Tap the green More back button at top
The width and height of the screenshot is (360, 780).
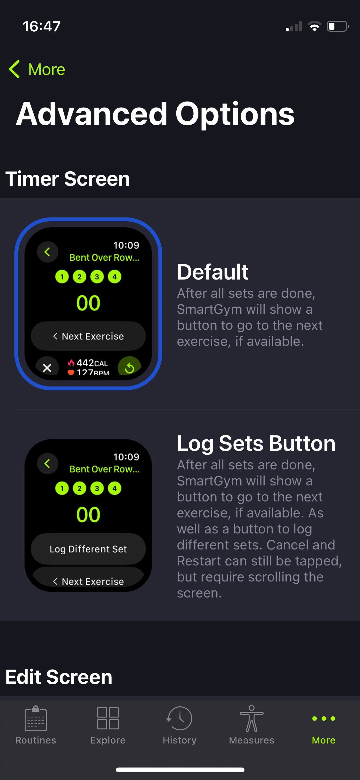coord(37,69)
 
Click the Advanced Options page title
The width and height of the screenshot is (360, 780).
coord(155,114)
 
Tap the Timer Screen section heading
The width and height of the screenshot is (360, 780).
coord(68,179)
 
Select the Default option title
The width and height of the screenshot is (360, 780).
coord(212,272)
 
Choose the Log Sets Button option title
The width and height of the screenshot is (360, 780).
coord(256,443)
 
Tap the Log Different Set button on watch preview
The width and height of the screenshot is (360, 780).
coord(88,549)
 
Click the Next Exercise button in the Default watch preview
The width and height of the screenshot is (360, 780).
coord(88,336)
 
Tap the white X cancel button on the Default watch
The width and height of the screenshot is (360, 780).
coord(47,368)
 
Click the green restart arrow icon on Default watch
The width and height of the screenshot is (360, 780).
coord(129,368)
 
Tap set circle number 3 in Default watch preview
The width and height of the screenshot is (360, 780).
coord(97,277)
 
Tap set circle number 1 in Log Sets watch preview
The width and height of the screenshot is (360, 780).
coord(62,488)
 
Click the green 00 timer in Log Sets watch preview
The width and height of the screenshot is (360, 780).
coord(88,515)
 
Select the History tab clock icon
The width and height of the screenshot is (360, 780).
coord(180,719)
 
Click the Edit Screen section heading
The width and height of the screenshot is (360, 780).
coord(59,677)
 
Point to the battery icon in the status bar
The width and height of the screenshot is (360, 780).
coord(337,26)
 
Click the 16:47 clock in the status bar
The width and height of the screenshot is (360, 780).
coord(42,26)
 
